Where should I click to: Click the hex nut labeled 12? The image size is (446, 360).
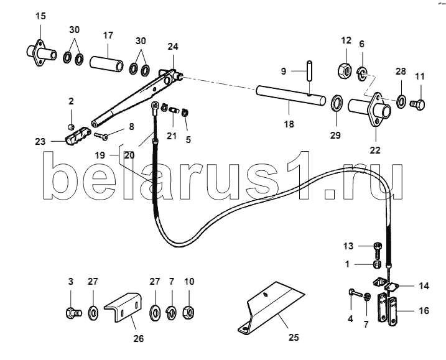[345, 69]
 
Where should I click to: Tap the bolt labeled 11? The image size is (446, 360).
[417, 104]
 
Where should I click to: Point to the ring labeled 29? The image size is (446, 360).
[338, 104]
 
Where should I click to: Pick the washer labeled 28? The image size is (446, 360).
[401, 100]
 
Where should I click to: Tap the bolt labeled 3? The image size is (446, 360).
[73, 313]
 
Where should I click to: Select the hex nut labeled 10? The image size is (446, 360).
[188, 313]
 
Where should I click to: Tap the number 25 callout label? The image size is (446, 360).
[294, 338]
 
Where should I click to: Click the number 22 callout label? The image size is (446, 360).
[375, 150]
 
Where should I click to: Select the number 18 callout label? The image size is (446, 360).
[289, 124]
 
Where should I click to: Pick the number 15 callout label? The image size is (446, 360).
[40, 16]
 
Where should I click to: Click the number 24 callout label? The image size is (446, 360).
[173, 47]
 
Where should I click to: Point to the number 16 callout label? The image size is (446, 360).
[424, 310]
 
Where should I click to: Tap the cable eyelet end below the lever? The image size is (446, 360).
[155, 107]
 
